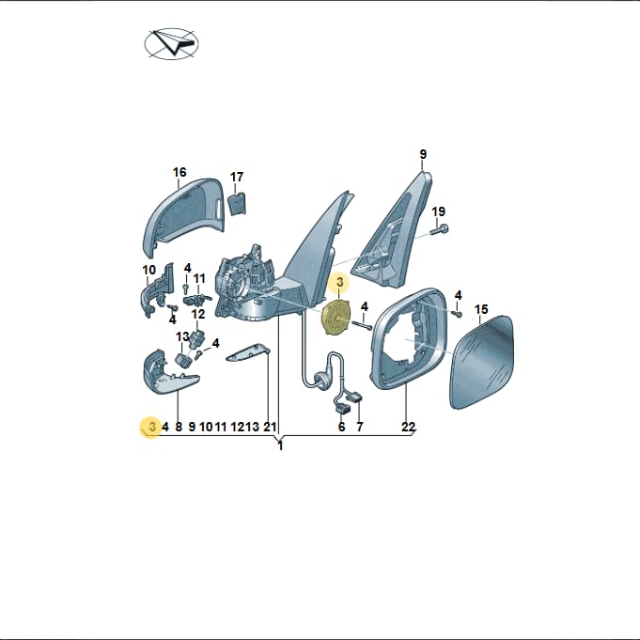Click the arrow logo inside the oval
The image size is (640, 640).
click(172, 43)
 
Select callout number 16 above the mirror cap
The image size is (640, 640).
click(180, 172)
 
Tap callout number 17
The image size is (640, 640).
click(237, 177)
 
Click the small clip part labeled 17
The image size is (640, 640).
click(237, 204)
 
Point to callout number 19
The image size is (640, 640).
click(439, 211)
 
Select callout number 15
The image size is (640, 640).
click(481, 309)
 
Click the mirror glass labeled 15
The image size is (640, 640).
click(482, 362)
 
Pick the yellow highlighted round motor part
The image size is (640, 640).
click(335, 318)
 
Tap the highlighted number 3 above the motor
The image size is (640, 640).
click(340, 282)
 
